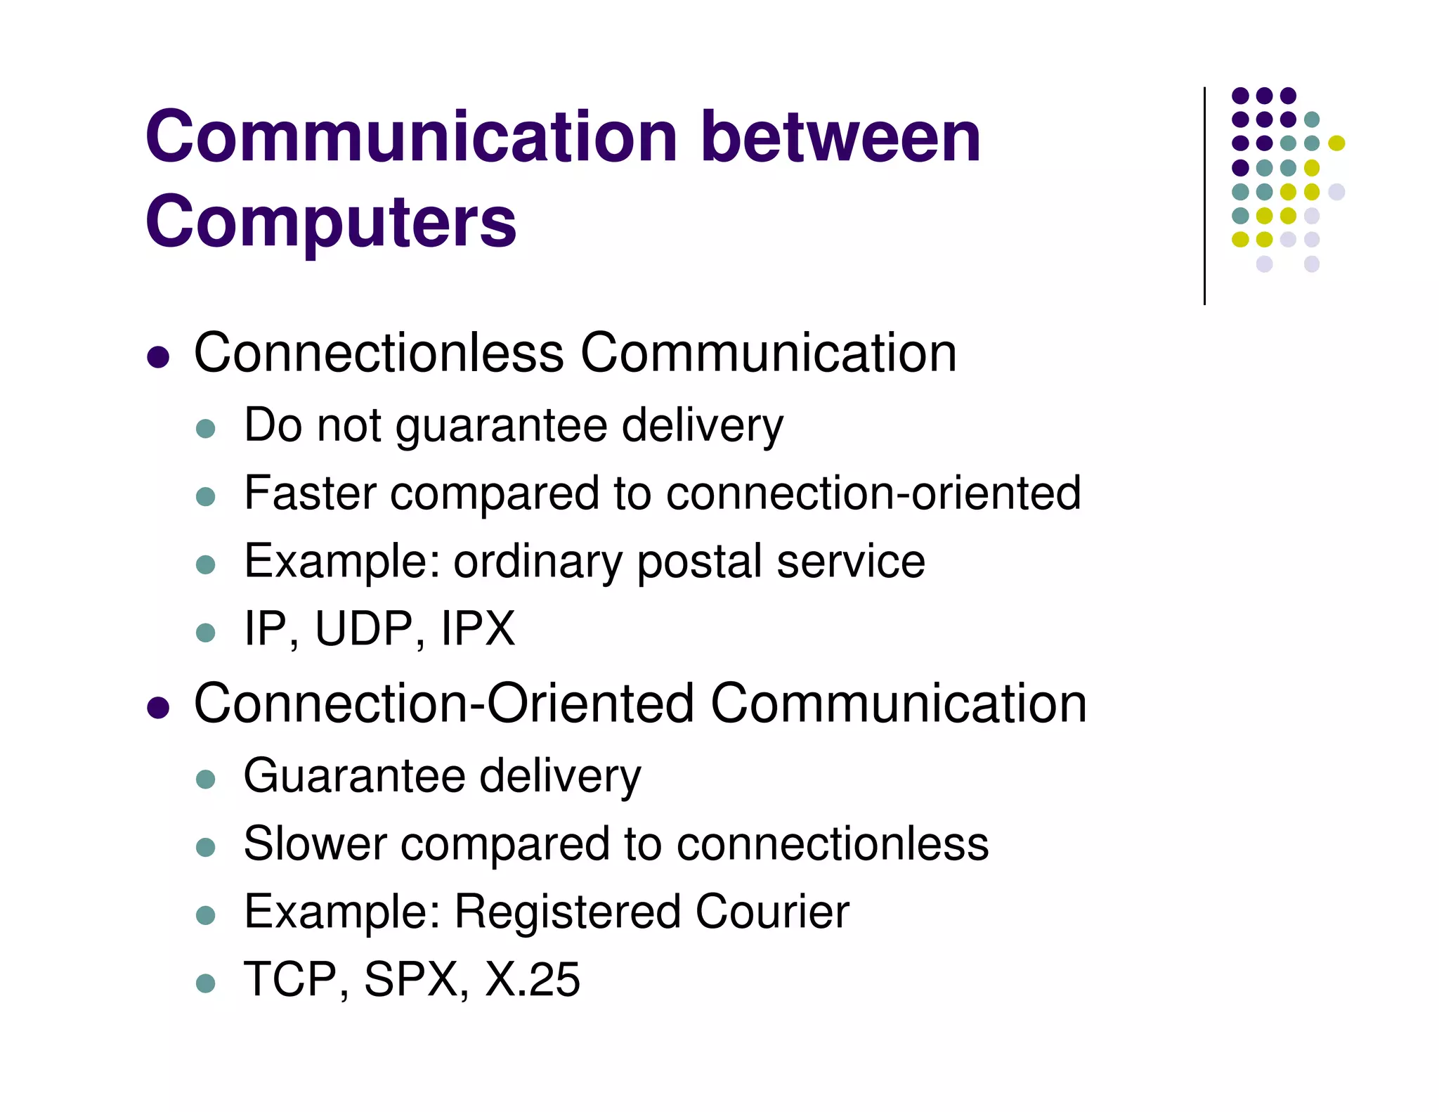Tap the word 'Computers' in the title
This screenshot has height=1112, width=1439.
pyautogui.click(x=330, y=222)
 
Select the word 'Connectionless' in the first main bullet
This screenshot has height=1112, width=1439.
pyautogui.click(x=379, y=353)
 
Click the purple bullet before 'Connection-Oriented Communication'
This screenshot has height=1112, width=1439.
pyautogui.click(x=159, y=707)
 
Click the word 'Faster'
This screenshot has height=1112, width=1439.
pyautogui.click(x=310, y=493)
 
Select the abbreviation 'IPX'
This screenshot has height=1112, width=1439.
pyautogui.click(x=478, y=628)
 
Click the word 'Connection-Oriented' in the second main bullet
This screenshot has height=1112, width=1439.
pyautogui.click(x=443, y=704)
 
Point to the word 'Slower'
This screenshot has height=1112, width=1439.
pyautogui.click(x=315, y=843)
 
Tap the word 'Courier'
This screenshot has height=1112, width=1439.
pyautogui.click(x=772, y=912)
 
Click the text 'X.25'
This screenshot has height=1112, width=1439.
pyautogui.click(x=533, y=979)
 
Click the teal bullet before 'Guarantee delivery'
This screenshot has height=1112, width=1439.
pyautogui.click(x=205, y=779)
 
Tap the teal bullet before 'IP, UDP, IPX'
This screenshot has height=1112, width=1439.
pyautogui.click(x=205, y=632)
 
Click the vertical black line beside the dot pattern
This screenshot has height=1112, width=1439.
pyautogui.click(x=1204, y=197)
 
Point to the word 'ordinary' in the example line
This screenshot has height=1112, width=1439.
pyautogui.click(x=538, y=562)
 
